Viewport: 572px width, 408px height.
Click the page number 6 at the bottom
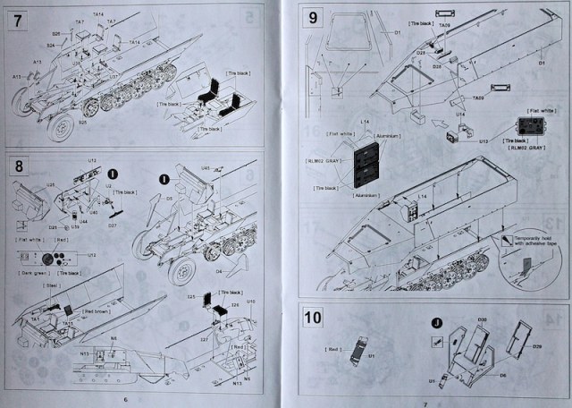[x=126, y=399]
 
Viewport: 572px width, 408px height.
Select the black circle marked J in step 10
[x=436, y=323]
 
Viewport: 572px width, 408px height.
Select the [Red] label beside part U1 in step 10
[x=333, y=345]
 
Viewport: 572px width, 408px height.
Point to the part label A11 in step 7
[x=38, y=62]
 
